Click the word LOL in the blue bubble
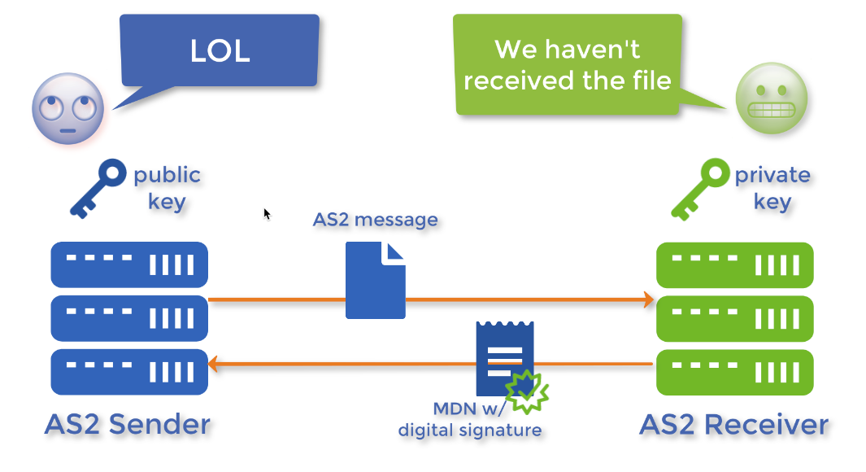point(220,51)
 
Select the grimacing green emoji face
point(771,100)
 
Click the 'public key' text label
point(167,188)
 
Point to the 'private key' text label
point(772,188)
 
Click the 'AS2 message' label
point(375,220)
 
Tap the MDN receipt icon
point(504,358)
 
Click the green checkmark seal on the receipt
point(527,391)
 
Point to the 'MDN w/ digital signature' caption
point(470,420)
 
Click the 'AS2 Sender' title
point(128,424)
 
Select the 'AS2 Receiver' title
point(733,424)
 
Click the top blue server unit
point(129,264)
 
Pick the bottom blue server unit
point(129,372)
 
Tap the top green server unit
point(734,264)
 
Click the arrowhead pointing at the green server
point(648,299)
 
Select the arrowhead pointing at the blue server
point(215,364)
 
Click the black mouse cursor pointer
point(267,213)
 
